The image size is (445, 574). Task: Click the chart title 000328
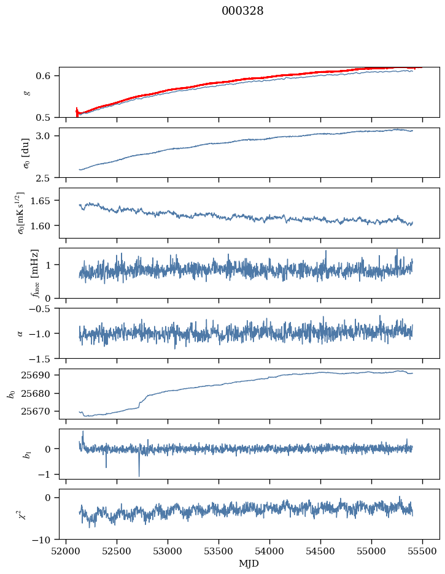(242, 11)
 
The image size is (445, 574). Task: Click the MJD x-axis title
(249, 564)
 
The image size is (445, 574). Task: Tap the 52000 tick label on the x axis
(66, 550)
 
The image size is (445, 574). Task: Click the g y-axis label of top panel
(26, 92)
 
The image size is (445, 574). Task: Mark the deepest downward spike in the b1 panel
(139, 476)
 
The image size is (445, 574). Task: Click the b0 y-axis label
(12, 394)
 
